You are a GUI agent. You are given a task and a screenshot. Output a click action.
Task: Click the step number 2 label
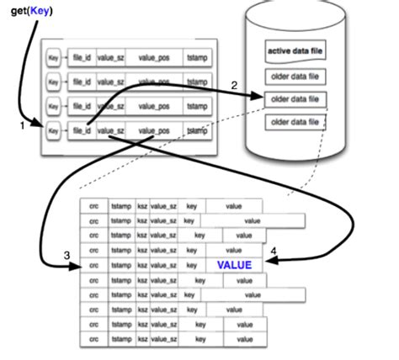pyautogui.click(x=234, y=86)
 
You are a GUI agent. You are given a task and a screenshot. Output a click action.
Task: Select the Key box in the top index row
pyautogui.click(x=53, y=57)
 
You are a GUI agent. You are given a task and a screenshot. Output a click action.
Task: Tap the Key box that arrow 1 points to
pyautogui.click(x=53, y=131)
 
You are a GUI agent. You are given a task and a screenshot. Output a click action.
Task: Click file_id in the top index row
pyautogui.click(x=82, y=57)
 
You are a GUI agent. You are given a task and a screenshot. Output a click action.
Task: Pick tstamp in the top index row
pyautogui.click(x=197, y=57)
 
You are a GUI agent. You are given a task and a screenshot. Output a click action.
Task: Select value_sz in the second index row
pyautogui.click(x=111, y=82)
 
